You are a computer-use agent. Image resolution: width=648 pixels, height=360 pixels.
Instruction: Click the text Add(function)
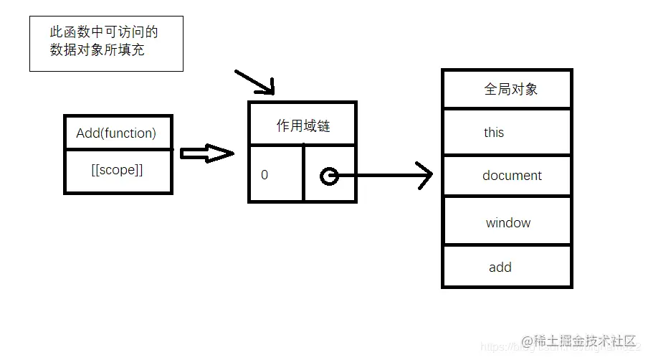[116, 133]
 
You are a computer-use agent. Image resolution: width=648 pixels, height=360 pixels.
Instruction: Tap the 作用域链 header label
[303, 126]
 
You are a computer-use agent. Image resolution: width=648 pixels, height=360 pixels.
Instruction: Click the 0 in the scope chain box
[265, 174]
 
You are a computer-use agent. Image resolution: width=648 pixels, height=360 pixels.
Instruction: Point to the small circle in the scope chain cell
[329, 176]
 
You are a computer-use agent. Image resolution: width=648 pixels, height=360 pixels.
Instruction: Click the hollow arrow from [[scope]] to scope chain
[206, 153]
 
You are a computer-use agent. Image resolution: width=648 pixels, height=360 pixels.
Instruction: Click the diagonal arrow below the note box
[255, 82]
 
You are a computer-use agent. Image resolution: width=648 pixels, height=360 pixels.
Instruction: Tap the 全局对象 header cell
[511, 90]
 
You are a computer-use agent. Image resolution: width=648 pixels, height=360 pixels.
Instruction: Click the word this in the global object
[494, 133]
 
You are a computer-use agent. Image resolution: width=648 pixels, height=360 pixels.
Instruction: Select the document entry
[512, 176]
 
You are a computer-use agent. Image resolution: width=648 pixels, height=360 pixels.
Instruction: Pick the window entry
[508, 223]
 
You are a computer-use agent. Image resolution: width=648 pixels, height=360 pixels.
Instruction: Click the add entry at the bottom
[500, 267]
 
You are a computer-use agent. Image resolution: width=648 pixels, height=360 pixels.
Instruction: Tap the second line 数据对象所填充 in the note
[97, 50]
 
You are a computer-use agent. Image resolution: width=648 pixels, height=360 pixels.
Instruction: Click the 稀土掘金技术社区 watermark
[585, 340]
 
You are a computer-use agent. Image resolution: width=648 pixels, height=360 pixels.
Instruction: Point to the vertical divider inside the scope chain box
[304, 173]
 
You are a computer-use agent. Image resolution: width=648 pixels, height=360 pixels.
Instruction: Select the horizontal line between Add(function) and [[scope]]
[118, 150]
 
